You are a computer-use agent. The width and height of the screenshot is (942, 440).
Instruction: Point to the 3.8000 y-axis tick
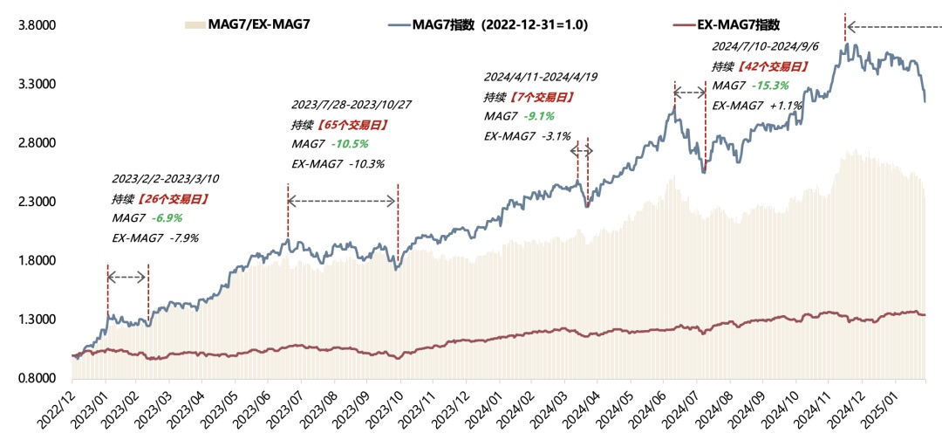(38, 26)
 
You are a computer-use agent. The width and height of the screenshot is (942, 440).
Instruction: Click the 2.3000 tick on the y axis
(38, 203)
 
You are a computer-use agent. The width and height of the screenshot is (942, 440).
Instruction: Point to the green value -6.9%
(168, 217)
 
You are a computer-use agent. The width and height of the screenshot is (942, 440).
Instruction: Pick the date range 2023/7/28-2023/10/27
(352, 105)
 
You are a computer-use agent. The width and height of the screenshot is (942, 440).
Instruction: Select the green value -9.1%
(537, 116)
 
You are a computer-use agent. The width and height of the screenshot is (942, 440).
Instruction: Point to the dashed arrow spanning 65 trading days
(342, 202)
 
